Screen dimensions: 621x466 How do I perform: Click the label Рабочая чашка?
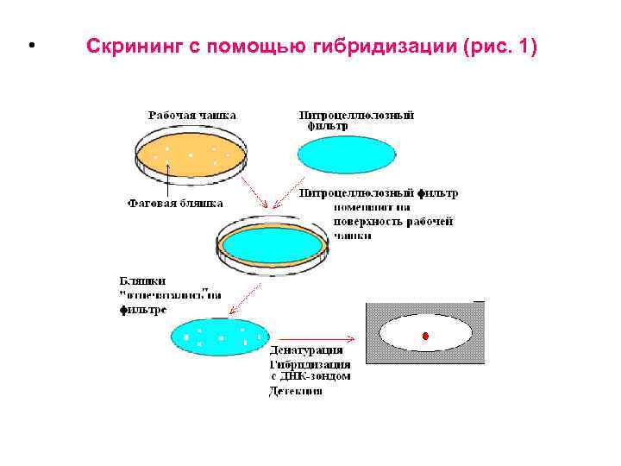pos(191,115)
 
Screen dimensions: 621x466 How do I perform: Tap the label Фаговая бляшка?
pos(175,205)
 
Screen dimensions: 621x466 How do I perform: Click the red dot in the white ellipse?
pos(424,335)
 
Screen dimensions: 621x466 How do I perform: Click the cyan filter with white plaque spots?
pos(220,335)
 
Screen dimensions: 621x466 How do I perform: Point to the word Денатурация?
pos(306,350)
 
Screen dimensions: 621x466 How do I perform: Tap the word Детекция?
pos(295,391)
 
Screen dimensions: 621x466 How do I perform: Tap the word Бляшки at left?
pos(143,281)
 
